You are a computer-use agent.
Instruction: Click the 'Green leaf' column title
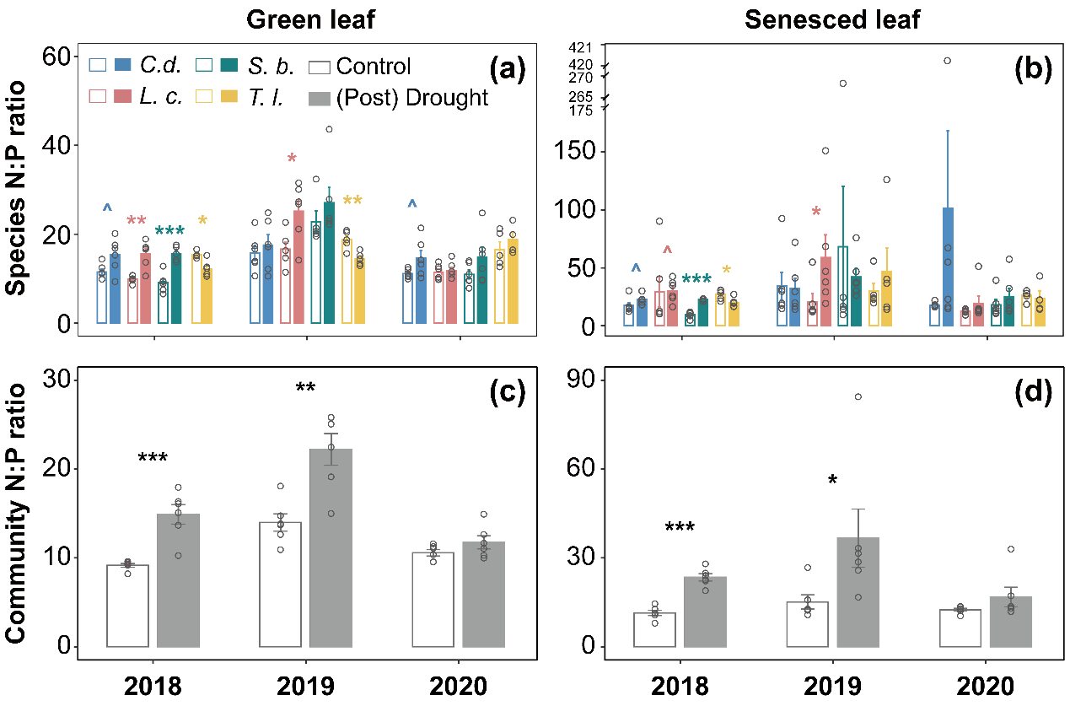304,19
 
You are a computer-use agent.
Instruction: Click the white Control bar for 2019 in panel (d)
807,624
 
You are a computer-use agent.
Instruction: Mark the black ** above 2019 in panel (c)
305,389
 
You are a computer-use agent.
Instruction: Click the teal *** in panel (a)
169,233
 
